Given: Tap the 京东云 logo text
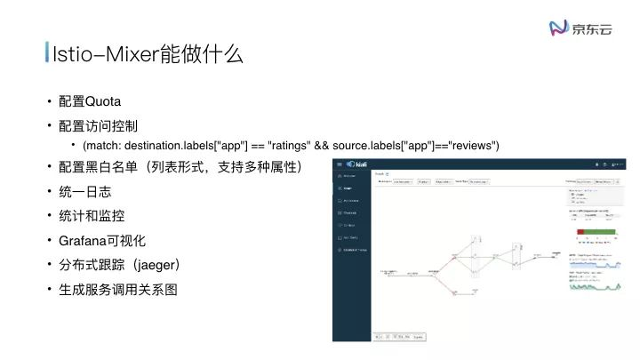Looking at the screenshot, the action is pyautogui.click(x=593, y=28).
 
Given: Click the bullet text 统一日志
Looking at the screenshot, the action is pyautogui.click(x=84, y=192).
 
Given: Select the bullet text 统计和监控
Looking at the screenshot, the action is pyautogui.click(x=91, y=216).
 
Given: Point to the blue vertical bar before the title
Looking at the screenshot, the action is pyautogui.click(x=47, y=53).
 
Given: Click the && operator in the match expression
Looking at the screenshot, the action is pyautogui.click(x=323, y=145).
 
